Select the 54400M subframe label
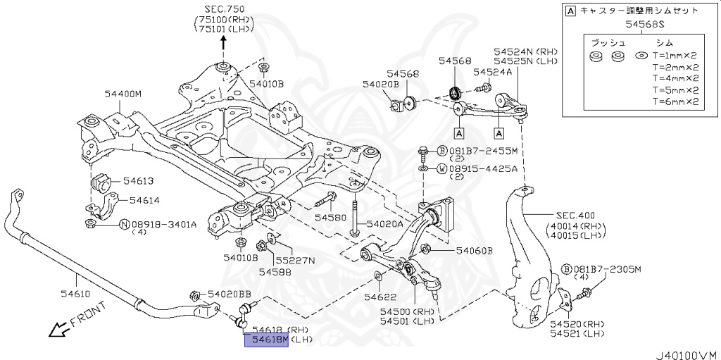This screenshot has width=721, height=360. click(123, 94)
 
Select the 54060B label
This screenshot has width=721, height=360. click(474, 251)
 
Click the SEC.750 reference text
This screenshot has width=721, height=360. click(225, 9)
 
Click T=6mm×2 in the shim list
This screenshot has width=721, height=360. click(675, 101)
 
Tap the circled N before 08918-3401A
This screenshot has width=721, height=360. click(124, 225)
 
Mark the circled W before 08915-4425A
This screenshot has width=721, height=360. click(441, 169)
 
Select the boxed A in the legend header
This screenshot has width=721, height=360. click(570, 11)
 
